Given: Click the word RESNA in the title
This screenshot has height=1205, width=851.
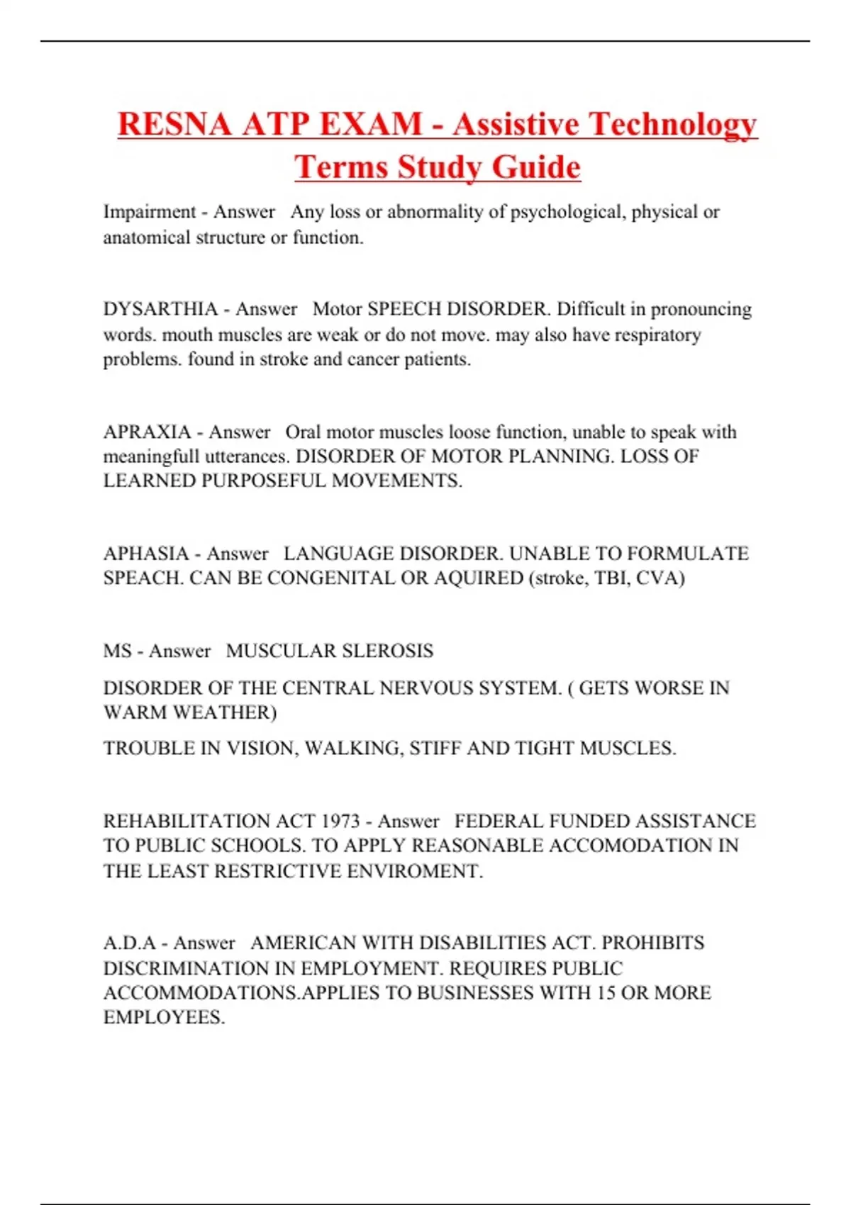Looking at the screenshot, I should [174, 125].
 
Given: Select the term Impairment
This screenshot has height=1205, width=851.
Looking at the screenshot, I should [150, 212].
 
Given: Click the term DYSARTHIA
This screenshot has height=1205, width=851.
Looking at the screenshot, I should [160, 310].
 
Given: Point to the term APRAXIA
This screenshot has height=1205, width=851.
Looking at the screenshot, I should [147, 432].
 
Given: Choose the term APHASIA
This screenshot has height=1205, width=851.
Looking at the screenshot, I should [146, 554].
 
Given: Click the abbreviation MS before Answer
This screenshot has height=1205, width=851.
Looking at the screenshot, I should [117, 651].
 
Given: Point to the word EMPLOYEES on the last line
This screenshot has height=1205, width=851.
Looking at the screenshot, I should [163, 1018].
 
